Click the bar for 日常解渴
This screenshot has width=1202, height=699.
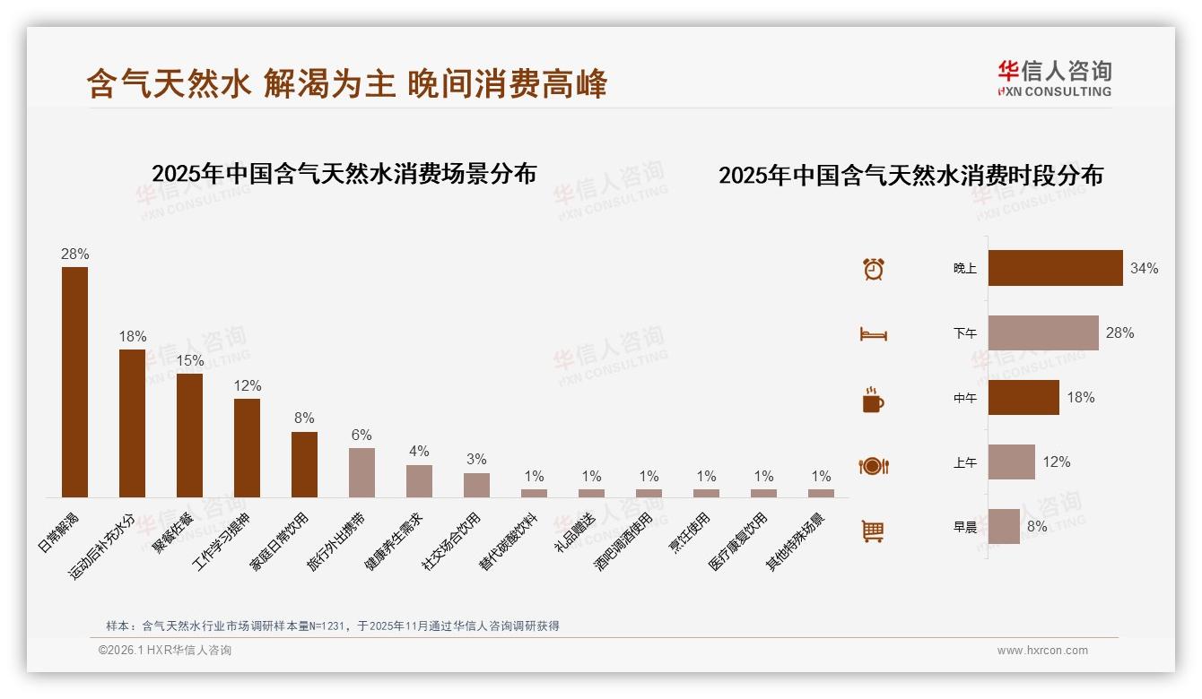coord(74,382)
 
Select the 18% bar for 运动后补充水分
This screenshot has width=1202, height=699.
coord(132,423)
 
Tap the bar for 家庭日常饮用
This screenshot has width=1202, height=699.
coord(304,464)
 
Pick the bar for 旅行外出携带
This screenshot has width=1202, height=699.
coord(361,472)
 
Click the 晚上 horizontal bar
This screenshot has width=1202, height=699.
coord(1055,268)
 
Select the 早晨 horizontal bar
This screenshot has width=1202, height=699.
coord(1004,527)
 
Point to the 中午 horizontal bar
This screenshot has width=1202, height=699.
coord(1023,398)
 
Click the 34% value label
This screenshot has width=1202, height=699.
coord(1144,269)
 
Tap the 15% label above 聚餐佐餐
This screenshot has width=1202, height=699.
coord(189,360)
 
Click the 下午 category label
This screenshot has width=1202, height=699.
coord(965,333)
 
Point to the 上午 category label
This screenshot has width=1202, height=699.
coord(965,462)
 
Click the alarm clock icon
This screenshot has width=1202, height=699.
coord(873,269)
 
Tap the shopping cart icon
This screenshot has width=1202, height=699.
coord(873,531)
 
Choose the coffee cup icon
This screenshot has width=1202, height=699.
coord(873,401)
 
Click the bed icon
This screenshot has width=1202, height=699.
coord(873,334)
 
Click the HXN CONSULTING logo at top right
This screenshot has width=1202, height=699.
coord(1054,79)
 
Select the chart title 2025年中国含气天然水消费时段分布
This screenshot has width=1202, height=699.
coord(910,176)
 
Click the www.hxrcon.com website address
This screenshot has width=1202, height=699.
coord(1042,651)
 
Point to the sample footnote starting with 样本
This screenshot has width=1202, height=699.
coord(333,626)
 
